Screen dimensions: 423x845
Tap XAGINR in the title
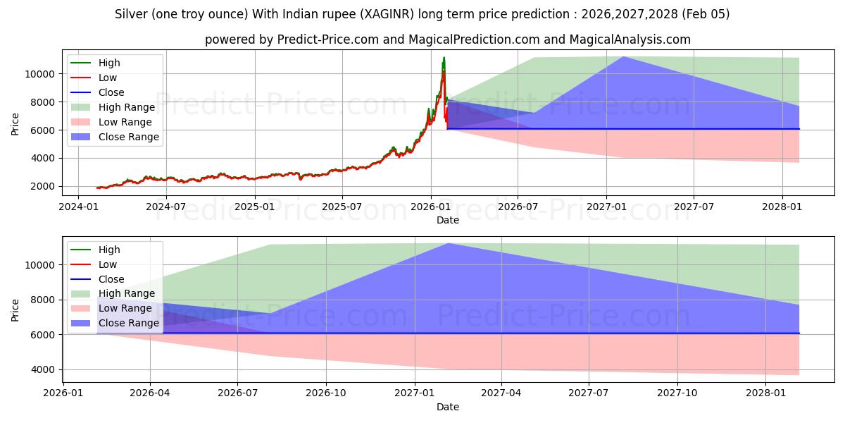coord(382,14)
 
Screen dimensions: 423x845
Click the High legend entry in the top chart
coord(109,63)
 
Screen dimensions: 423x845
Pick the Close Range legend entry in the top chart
coord(129,137)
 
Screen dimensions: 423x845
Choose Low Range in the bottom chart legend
coord(125,308)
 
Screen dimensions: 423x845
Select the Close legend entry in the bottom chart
coord(111,279)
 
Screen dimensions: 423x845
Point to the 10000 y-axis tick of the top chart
coord(41,74)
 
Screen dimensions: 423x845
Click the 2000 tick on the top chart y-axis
coord(44,186)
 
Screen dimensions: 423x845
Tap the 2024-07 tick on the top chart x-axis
coord(166,207)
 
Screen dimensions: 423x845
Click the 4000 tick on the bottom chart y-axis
coord(44,369)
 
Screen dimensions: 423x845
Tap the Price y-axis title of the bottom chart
coord(15,309)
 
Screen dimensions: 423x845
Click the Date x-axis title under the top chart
coord(447,220)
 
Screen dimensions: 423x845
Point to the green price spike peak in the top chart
coord(444,58)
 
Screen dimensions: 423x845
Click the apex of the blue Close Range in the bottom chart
coord(448,243)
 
